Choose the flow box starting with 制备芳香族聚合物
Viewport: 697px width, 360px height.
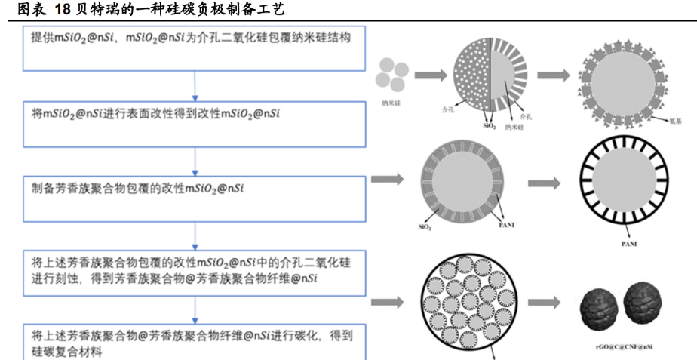[195, 197]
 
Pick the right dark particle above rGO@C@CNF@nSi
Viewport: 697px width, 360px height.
[643, 303]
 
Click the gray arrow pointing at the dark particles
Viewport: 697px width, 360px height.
[548, 303]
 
